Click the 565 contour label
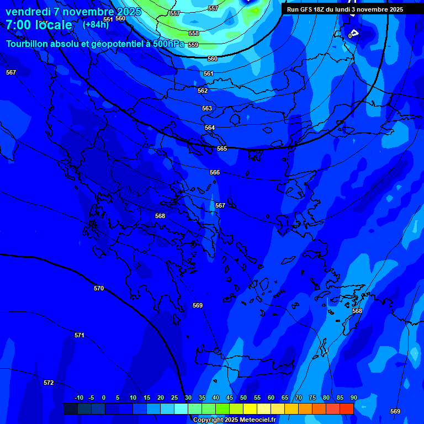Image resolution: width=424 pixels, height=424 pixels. click(222, 149)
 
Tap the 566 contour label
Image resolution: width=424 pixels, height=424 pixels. click(215, 173)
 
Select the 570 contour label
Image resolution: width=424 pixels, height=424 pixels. click(99, 288)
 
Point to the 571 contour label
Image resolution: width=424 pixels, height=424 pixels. click(79, 335)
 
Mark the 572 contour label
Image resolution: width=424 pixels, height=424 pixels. click(49, 383)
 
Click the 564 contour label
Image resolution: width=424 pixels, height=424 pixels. click(210, 128)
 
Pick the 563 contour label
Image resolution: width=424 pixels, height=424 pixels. click(207, 109)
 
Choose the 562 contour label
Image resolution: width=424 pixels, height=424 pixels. click(203, 91)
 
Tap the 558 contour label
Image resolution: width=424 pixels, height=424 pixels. click(194, 33)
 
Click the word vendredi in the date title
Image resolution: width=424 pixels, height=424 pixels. click(28, 12)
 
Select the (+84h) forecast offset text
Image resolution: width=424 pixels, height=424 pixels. click(96, 24)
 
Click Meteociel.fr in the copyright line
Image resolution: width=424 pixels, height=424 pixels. click(254, 420)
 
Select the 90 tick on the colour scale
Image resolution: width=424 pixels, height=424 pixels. click(353, 397)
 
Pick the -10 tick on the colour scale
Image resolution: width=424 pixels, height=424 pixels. click(78, 397)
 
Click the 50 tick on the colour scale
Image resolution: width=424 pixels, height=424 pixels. click(243, 397)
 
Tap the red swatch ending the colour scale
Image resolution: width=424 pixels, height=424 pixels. click(347, 409)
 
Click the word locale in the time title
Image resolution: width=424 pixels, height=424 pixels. click(53, 25)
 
